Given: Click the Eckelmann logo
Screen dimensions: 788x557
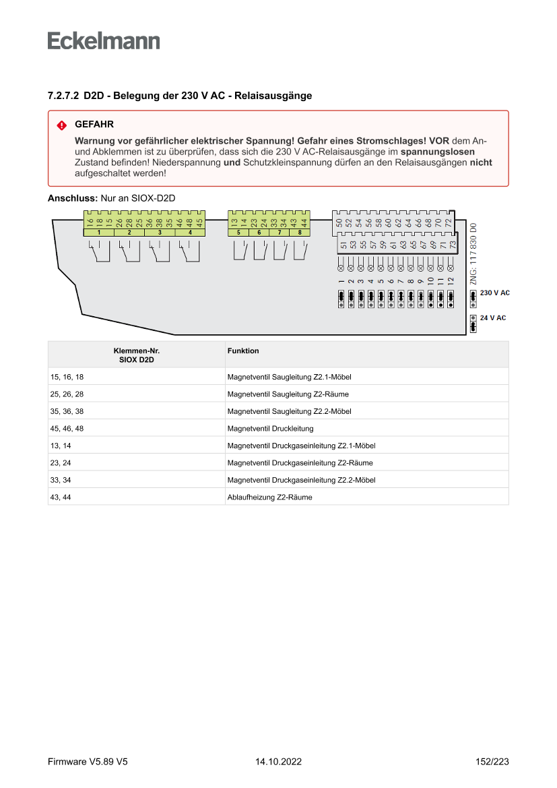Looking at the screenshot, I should (x=104, y=40).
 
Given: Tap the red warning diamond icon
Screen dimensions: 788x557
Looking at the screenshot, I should (x=61, y=125).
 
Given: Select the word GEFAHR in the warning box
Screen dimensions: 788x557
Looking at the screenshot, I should (x=94, y=125).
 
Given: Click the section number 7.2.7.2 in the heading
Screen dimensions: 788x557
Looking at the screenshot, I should (x=63, y=96).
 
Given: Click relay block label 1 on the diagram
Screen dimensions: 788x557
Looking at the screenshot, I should (x=99, y=232).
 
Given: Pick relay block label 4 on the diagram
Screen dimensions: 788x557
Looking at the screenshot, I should (x=191, y=232).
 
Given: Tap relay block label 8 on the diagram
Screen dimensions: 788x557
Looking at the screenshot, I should (x=300, y=232).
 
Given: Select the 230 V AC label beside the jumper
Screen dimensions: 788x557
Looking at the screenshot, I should (x=494, y=293).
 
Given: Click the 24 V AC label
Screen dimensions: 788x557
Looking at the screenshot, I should (x=492, y=317).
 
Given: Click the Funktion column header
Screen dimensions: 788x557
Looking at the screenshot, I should (x=243, y=351).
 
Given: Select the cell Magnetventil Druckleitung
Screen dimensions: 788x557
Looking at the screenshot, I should (x=270, y=429).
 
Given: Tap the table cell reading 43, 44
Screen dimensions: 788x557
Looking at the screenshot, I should (x=61, y=497).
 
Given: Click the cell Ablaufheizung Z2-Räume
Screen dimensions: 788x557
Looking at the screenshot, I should (x=269, y=497).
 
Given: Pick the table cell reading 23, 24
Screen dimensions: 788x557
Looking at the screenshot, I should (x=61, y=463).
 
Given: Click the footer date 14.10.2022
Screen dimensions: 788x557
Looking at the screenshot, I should (x=278, y=762).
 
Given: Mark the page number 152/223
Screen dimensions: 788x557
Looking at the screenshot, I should (x=492, y=762).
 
